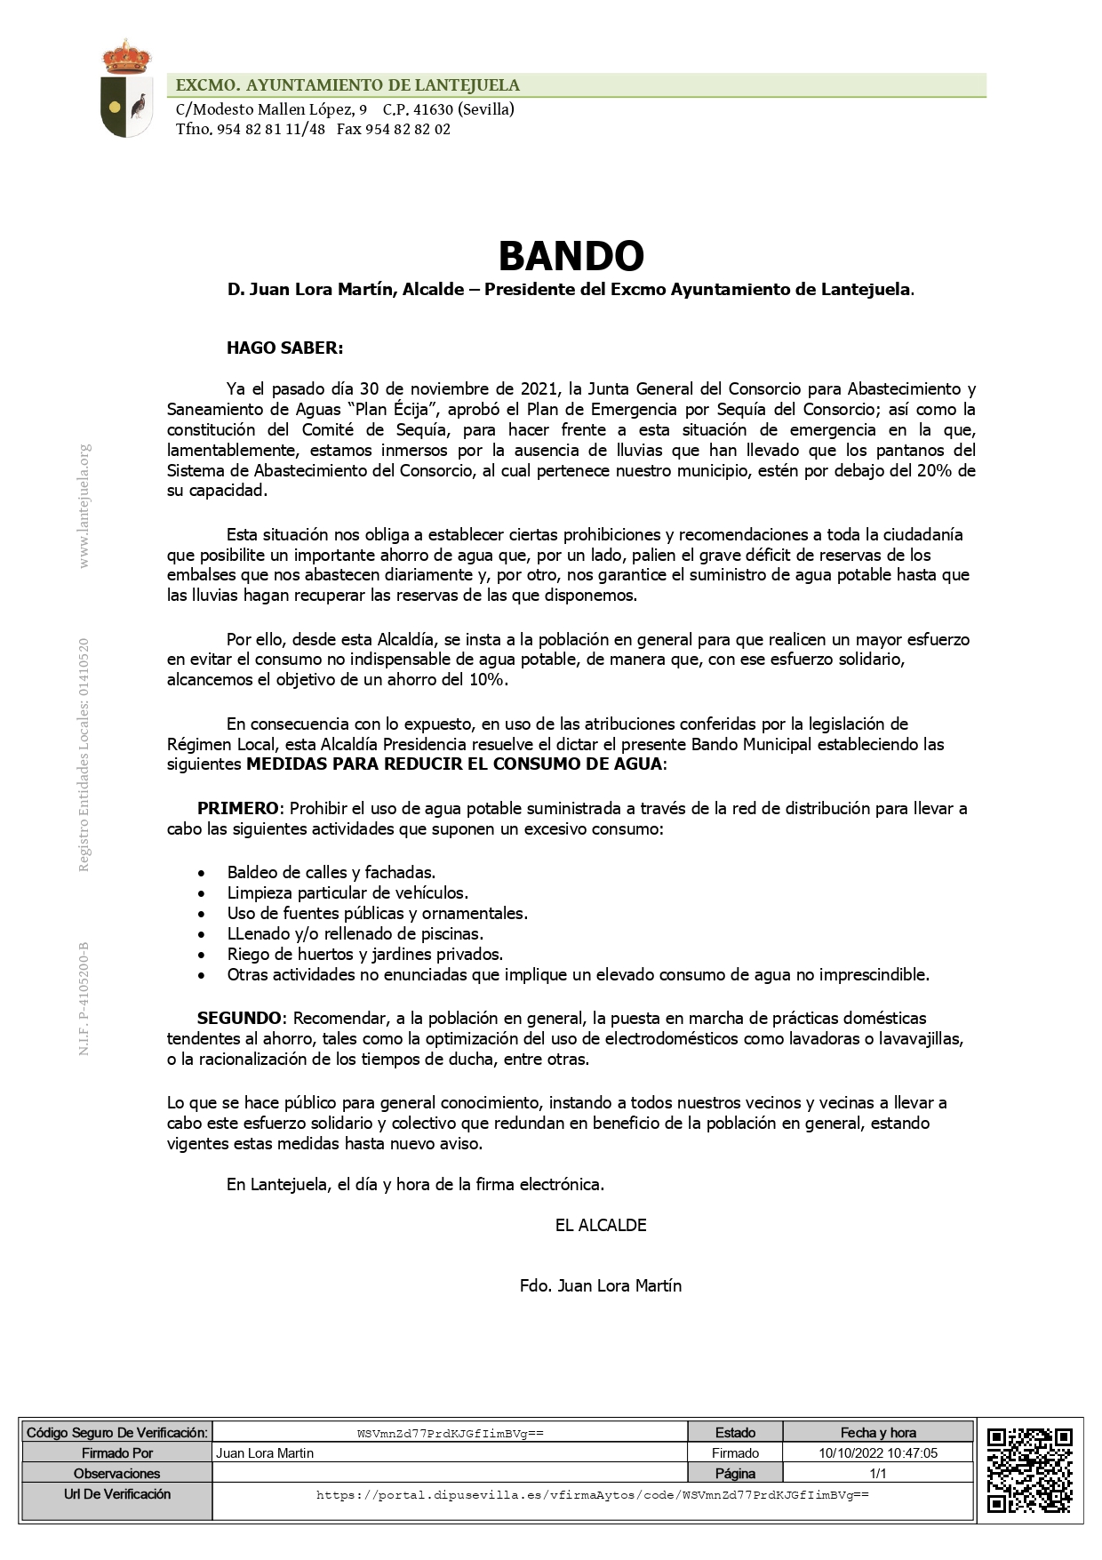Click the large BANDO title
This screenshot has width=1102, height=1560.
click(x=571, y=256)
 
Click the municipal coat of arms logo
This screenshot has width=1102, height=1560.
click(x=126, y=89)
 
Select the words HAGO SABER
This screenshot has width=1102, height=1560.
click(x=284, y=348)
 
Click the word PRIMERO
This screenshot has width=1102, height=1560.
click(x=237, y=809)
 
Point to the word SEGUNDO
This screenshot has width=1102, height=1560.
click(x=241, y=1018)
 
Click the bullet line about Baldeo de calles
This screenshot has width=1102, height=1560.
click(x=331, y=873)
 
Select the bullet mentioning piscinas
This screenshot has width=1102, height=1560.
click(x=355, y=934)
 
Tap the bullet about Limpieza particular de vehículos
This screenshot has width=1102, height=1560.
click(x=347, y=893)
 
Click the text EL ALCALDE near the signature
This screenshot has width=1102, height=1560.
click(x=601, y=1226)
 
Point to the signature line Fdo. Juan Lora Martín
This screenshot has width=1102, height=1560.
click(x=601, y=1286)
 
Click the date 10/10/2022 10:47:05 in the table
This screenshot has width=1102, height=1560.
click(x=878, y=1453)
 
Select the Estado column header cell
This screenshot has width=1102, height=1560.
click(x=735, y=1433)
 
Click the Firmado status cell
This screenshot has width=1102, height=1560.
click(x=735, y=1453)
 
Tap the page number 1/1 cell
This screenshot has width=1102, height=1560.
click(x=878, y=1474)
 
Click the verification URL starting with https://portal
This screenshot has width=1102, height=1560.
click(x=592, y=1495)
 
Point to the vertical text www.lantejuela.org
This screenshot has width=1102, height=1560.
click(x=84, y=507)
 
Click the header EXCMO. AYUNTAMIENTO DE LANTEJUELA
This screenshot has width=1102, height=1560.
click(x=347, y=85)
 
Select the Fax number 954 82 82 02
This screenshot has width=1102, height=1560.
click(x=394, y=130)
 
